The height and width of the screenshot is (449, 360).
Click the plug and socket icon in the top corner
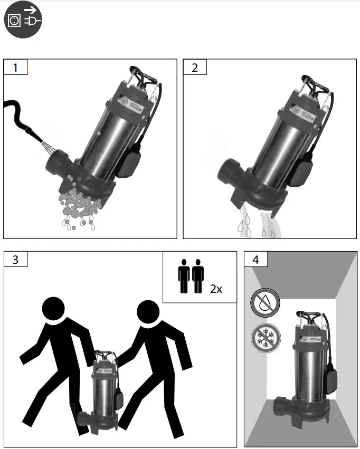tap(23, 21)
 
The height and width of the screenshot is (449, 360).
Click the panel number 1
tap(15, 68)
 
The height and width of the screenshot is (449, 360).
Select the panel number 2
tap(195, 68)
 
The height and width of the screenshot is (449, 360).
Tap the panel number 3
tap(15, 260)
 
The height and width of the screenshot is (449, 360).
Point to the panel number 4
tap(255, 260)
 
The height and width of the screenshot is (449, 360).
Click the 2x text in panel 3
tap(216, 289)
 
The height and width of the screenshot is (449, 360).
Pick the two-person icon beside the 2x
tap(191, 276)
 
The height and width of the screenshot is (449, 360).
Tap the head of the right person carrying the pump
tap(149, 313)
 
